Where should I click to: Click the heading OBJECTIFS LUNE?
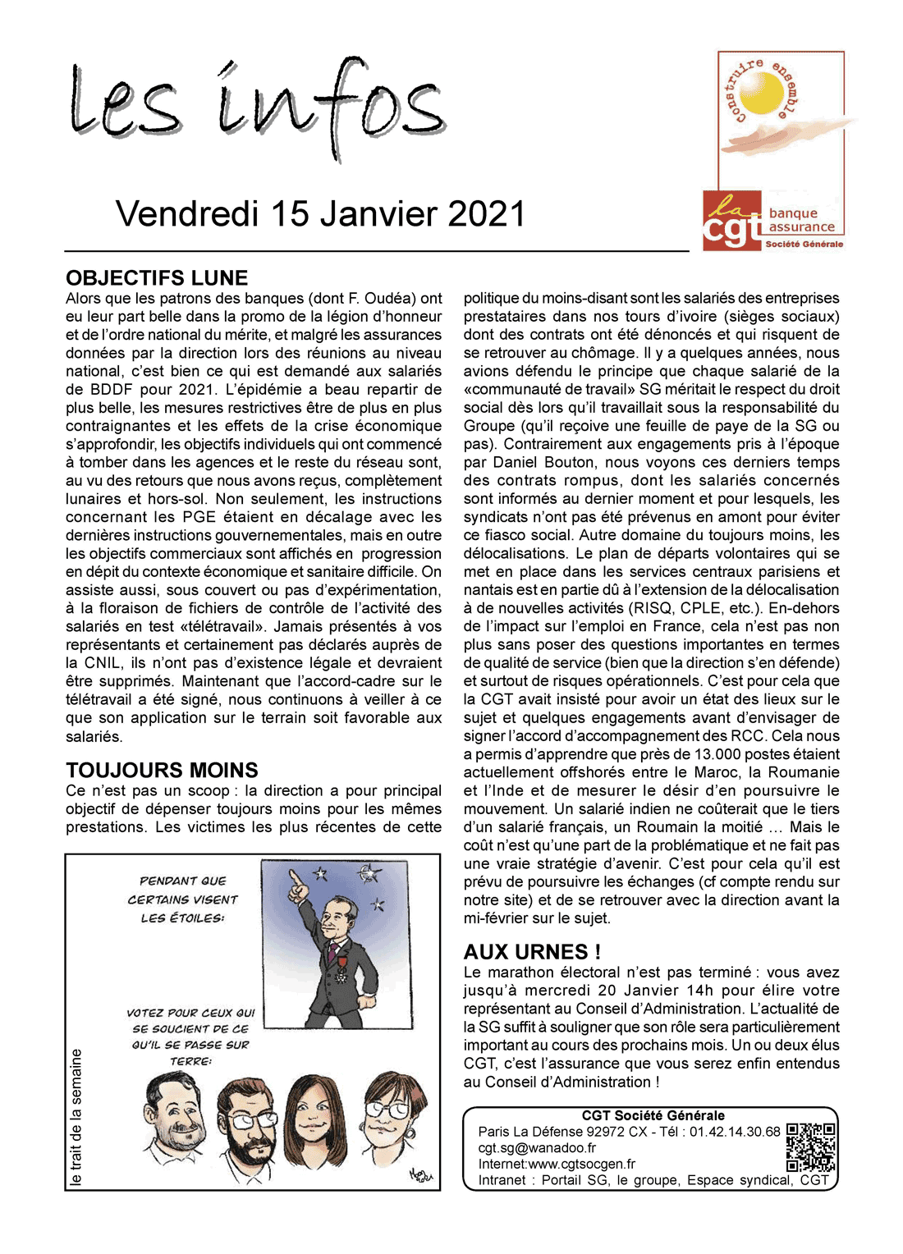(x=157, y=277)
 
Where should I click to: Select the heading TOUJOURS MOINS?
(x=162, y=770)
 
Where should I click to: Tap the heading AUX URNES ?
(x=532, y=951)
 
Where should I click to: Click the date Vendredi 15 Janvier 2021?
(x=320, y=213)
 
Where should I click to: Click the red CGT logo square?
(x=732, y=221)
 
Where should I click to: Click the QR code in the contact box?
(x=810, y=1148)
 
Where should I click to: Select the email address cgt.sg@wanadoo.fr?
(x=537, y=1148)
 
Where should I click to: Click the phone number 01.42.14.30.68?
(x=735, y=1132)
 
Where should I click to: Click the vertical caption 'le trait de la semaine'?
(x=76, y=1117)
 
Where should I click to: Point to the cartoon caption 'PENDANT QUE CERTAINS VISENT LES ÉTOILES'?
(x=182, y=899)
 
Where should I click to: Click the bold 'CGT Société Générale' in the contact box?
(x=653, y=1115)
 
